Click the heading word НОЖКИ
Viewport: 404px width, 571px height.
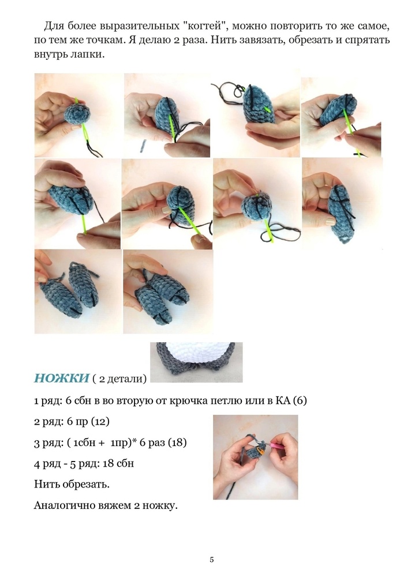click(61, 379)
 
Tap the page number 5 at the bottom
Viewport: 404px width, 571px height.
click(212, 559)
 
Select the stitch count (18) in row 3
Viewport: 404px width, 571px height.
click(177, 443)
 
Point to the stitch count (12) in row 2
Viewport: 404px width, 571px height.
click(100, 422)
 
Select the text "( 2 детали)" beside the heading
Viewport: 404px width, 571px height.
click(119, 379)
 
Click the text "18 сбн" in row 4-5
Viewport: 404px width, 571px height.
click(118, 464)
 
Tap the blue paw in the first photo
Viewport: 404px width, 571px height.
click(77, 114)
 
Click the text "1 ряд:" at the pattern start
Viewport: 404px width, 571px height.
click(48, 401)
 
